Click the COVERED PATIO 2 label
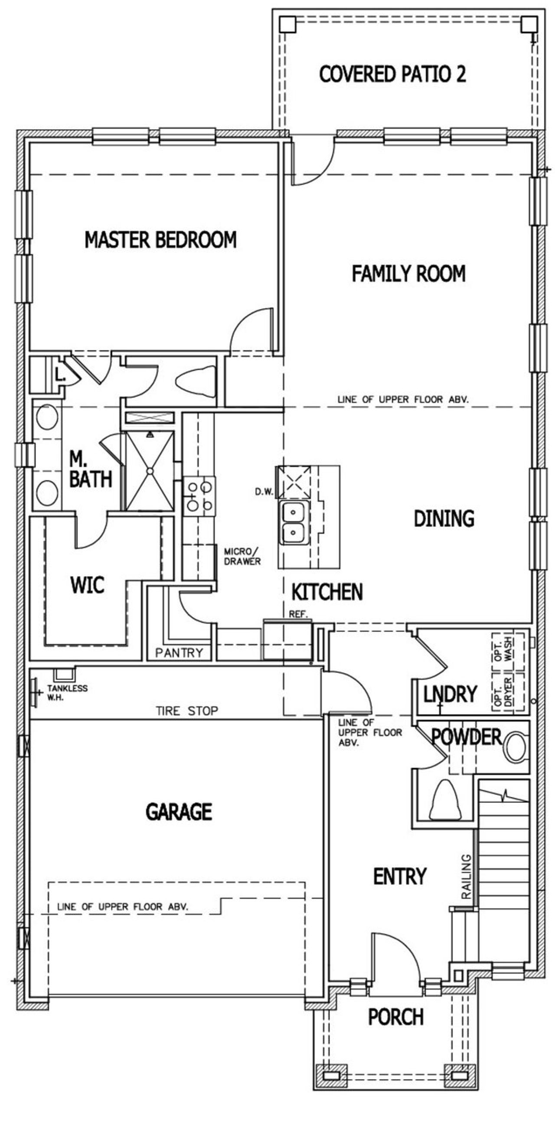click(392, 74)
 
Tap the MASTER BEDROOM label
click(160, 240)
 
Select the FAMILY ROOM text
click(408, 273)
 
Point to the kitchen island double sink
click(293, 522)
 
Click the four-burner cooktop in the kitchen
click(199, 496)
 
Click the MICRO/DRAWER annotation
click(242, 557)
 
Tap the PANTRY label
click(179, 652)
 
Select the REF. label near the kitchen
click(298, 614)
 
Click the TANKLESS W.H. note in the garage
click(68, 692)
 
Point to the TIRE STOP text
click(187, 711)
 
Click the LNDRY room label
click(450, 694)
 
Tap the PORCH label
click(395, 1017)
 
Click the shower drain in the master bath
click(150, 470)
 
